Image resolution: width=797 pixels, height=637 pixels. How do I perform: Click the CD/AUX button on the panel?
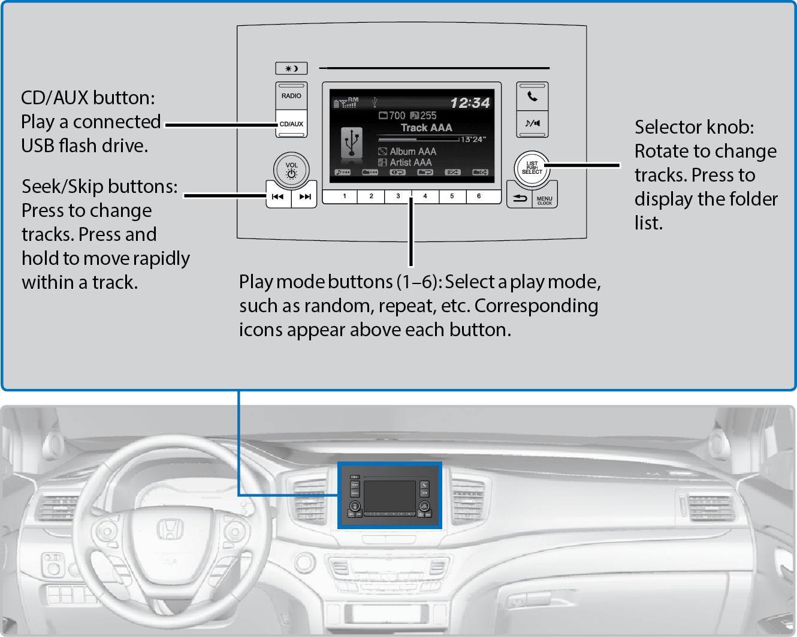[291, 124]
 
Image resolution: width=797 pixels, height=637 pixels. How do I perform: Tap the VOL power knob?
[291, 170]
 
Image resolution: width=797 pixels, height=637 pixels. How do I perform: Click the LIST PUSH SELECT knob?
[532, 167]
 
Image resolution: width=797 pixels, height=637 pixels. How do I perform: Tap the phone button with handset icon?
[532, 96]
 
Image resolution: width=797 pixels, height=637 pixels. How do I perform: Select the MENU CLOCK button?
[545, 200]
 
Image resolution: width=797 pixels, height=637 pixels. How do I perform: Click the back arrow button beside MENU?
[520, 198]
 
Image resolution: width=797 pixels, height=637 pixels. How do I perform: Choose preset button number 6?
[479, 196]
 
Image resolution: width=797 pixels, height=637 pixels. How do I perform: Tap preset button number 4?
[425, 196]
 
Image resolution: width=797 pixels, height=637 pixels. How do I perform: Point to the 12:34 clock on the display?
[470, 103]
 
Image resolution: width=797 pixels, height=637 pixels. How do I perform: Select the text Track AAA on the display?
[426, 128]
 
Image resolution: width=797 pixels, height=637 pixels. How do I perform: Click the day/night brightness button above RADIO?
[291, 68]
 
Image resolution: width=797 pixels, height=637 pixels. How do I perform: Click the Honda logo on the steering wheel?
[170, 529]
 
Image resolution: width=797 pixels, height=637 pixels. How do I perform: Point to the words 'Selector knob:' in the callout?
[694, 127]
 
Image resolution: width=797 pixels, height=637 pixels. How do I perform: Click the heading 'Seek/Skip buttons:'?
[99, 186]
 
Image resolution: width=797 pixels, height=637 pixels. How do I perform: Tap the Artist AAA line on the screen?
[410, 162]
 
